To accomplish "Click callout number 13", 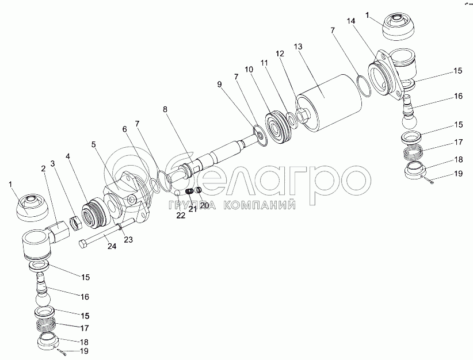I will click(x=297, y=46).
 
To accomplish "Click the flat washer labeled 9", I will click(x=261, y=137).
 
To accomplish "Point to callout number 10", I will click(x=249, y=69).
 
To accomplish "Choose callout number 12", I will click(x=280, y=53).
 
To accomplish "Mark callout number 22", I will click(x=181, y=215).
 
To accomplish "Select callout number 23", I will click(x=128, y=239).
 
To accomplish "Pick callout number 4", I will click(x=68, y=156).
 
